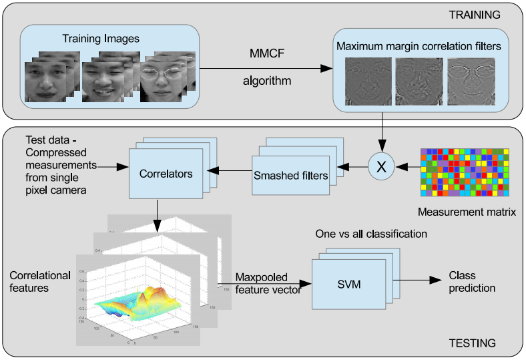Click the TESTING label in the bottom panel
coord(473,343)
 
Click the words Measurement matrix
coord(462,212)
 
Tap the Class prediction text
coord(472,282)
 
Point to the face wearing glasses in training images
coord(164,79)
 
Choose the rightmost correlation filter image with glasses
coord(471,82)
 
